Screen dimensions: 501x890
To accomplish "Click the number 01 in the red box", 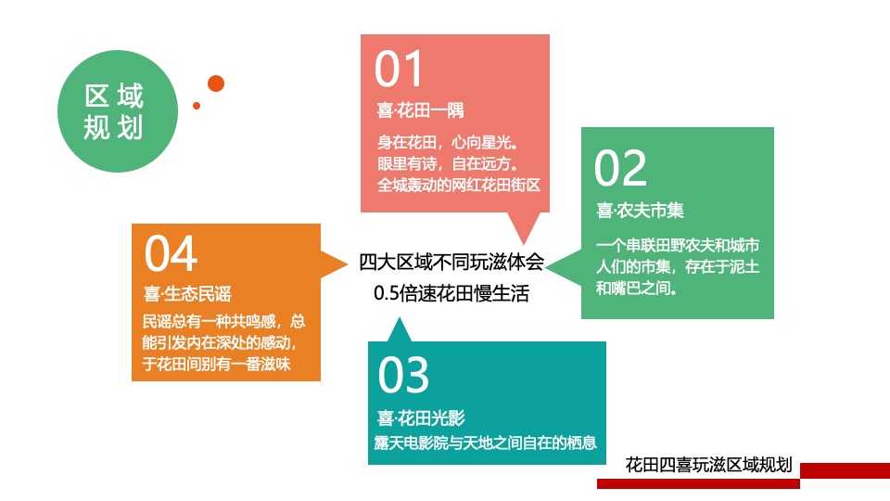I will [x=399, y=69].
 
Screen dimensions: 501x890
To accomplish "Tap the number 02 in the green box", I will [x=620, y=168].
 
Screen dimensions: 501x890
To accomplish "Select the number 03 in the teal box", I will [x=403, y=375].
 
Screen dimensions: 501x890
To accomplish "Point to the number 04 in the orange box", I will [x=172, y=253].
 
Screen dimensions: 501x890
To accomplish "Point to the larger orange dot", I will [x=216, y=83].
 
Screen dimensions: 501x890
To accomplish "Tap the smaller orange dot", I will [x=197, y=106].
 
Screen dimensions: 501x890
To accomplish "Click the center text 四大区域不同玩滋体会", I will [x=451, y=262].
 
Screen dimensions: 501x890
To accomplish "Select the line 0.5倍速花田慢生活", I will [x=451, y=295].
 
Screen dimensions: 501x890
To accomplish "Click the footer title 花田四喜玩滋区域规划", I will [x=709, y=465].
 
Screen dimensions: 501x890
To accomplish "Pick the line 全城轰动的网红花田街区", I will [x=458, y=185].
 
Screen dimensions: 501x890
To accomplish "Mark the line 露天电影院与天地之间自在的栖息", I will [x=486, y=443].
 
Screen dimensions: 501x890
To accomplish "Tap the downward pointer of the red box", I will [x=525, y=228].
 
